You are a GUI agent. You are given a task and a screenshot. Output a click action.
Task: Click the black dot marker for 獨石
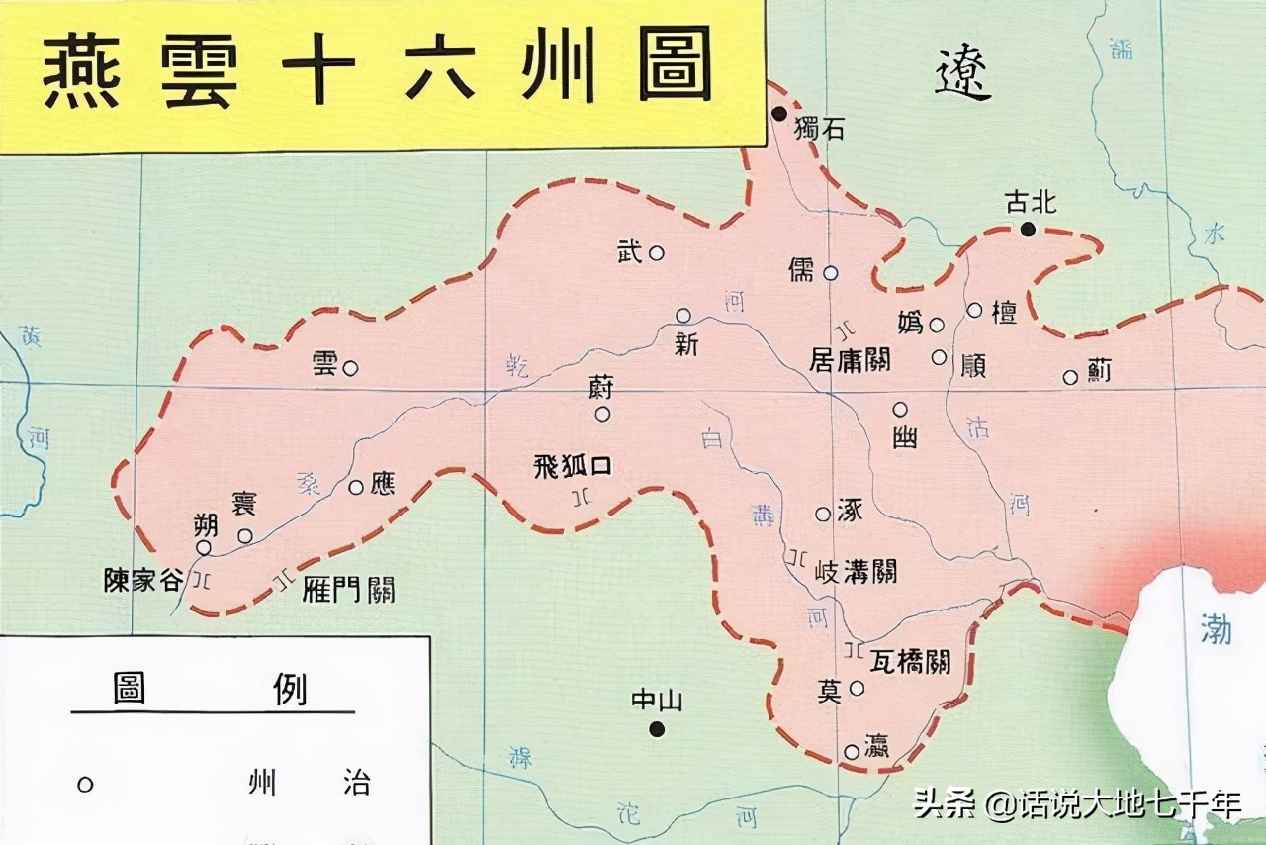(780, 114)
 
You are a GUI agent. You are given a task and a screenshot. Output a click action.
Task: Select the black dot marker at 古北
(1028, 230)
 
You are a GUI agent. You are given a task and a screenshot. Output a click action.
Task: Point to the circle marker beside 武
(656, 253)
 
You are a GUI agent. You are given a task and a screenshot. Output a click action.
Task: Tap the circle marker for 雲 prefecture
(350, 368)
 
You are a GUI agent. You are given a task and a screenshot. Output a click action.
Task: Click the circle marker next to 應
(356, 487)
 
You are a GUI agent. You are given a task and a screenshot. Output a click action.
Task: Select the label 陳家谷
(143, 581)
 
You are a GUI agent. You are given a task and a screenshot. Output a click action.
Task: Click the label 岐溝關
(855, 572)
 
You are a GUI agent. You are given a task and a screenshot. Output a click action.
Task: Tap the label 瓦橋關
(910, 660)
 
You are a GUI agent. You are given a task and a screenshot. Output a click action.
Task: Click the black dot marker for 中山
(657, 729)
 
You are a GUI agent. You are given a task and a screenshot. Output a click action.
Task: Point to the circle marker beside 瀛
(852, 752)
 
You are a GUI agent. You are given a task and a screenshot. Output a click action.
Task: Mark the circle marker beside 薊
(1070, 377)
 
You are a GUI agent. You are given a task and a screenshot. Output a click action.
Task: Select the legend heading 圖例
(211, 689)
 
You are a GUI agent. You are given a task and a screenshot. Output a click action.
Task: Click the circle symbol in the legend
(85, 785)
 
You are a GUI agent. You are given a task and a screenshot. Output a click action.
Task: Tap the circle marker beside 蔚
(602, 414)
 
